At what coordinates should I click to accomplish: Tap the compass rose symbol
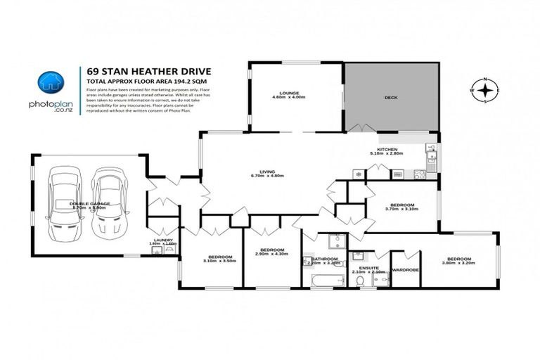484,91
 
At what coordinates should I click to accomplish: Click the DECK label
392,99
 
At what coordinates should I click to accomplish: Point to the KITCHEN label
387,150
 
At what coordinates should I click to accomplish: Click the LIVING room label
271,171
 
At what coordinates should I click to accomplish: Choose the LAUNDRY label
163,240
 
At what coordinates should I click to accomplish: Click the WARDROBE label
406,269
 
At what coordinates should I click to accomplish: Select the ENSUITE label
369,267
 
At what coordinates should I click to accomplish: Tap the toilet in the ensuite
361,281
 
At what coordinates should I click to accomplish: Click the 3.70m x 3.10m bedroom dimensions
401,209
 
